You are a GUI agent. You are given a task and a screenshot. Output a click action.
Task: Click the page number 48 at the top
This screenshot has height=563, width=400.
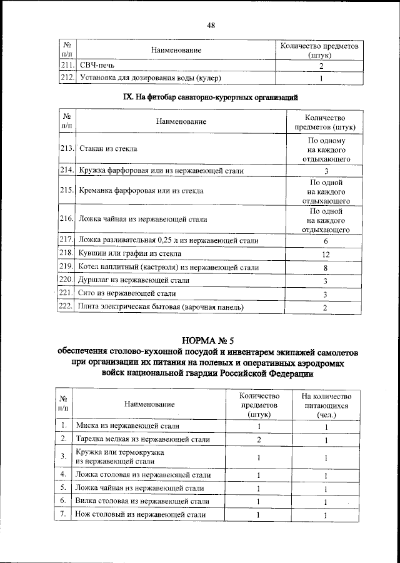(211, 25)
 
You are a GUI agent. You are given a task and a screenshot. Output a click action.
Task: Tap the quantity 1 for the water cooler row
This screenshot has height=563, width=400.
(321, 78)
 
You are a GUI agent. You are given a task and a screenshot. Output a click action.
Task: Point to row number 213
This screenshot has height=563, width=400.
(67, 149)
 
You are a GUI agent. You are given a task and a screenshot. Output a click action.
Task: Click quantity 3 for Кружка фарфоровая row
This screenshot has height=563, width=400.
(326, 171)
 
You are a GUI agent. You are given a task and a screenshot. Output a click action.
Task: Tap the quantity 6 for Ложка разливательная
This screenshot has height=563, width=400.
(326, 241)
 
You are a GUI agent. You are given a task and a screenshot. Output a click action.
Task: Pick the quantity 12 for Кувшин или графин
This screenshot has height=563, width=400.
(326, 254)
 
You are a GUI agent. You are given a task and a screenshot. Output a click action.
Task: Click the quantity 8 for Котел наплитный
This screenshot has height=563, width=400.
(326, 268)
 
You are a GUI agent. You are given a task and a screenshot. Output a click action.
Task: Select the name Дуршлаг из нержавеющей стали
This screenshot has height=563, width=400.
(133, 281)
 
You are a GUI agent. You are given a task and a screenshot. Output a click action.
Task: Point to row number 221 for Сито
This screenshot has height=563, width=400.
(67, 293)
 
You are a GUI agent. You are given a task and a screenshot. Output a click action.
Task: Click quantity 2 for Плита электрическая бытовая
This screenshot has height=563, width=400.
(326, 307)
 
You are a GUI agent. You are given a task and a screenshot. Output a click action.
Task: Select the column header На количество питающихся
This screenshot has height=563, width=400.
(326, 405)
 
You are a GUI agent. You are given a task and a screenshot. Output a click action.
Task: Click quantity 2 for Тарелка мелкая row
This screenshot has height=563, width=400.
(258, 440)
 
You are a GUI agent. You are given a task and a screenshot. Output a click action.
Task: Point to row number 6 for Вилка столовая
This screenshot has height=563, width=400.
(64, 501)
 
